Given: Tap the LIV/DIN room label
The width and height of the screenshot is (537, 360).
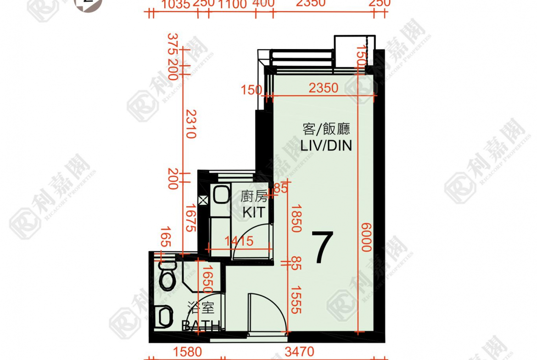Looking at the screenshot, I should [326, 146].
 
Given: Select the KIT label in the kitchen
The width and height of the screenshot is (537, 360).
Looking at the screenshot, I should [254, 212].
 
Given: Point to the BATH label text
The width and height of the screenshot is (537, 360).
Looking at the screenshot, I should [201, 326].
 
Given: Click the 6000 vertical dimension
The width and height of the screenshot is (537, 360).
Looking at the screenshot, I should [366, 237].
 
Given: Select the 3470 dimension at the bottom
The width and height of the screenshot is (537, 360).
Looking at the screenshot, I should [300, 352].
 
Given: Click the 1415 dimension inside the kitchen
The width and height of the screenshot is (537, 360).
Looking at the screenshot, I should [239, 240].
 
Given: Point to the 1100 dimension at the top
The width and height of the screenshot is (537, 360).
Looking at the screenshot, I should [232, 4].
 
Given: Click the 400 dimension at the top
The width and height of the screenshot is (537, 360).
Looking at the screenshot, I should [264, 4].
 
